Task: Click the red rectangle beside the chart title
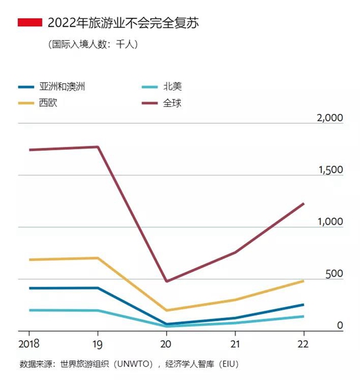pyautogui.click(x=30, y=23)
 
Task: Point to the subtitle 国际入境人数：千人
pyautogui.click(x=93, y=44)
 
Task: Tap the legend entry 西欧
pyautogui.click(x=48, y=103)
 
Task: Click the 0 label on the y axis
pyautogui.click(x=341, y=325)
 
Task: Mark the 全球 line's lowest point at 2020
pyautogui.click(x=167, y=281)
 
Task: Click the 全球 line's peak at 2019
pyautogui.click(x=98, y=146)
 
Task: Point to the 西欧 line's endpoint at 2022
pyautogui.click(x=304, y=281)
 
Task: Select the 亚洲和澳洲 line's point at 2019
pyautogui.click(x=98, y=288)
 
